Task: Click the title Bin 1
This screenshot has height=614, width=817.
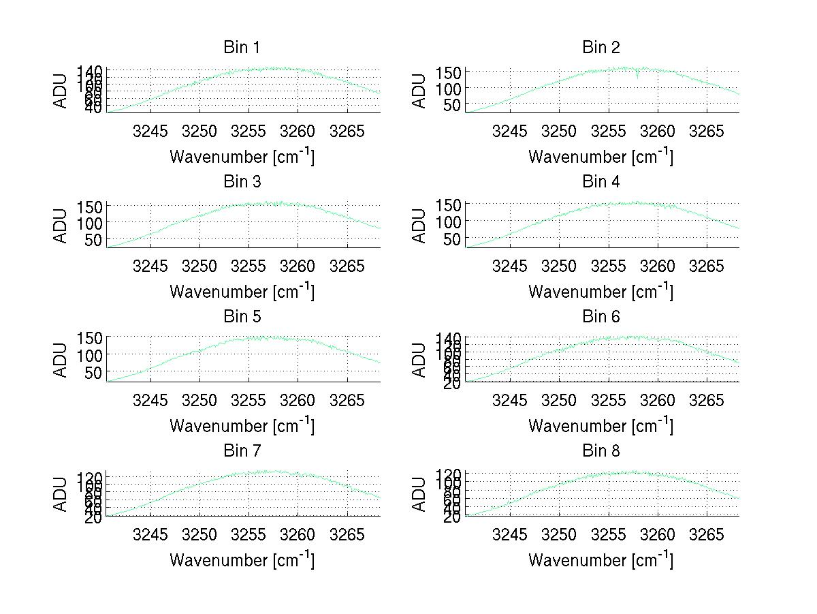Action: pyautogui.click(x=242, y=48)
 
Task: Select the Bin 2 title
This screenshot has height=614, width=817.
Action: pyautogui.click(x=600, y=48)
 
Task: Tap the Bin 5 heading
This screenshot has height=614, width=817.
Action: pyautogui.click(x=242, y=317)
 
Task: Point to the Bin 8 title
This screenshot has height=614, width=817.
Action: pyautogui.click(x=600, y=451)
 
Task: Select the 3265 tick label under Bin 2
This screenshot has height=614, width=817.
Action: pyautogui.click(x=707, y=130)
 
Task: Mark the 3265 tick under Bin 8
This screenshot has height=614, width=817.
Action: pyautogui.click(x=707, y=534)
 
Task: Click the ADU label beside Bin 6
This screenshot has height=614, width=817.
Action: pyautogui.click(x=419, y=360)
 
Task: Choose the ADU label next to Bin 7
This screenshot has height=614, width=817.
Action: pyautogui.click(x=61, y=494)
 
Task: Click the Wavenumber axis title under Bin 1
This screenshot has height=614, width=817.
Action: pyautogui.click(x=242, y=156)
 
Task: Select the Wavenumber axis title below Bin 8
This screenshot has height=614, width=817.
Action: pyautogui.click(x=600, y=559)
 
